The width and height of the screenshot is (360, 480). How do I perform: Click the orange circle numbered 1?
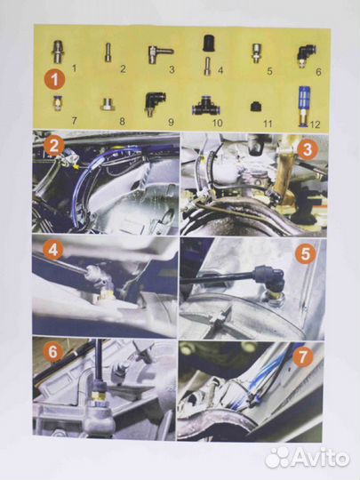click(55, 79)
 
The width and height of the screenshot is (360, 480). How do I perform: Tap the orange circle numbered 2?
click(54, 147)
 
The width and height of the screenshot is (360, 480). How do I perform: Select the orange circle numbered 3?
click(307, 149)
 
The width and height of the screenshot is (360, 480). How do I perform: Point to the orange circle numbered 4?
click(53, 250)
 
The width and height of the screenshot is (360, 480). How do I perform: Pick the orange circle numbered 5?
click(305, 253)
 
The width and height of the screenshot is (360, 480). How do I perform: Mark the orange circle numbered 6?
click(52, 351)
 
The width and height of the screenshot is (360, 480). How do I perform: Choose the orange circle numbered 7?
click(303, 356)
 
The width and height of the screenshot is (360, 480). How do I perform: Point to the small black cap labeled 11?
click(255, 107)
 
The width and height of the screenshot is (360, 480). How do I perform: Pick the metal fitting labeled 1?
click(58, 52)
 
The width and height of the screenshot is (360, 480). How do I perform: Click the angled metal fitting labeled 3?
click(160, 54)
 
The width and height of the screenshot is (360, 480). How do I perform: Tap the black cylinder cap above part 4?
click(209, 43)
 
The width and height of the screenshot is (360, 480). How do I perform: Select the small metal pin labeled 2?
click(108, 52)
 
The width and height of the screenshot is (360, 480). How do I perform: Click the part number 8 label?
click(122, 121)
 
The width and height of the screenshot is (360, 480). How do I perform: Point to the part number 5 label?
click(269, 71)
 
